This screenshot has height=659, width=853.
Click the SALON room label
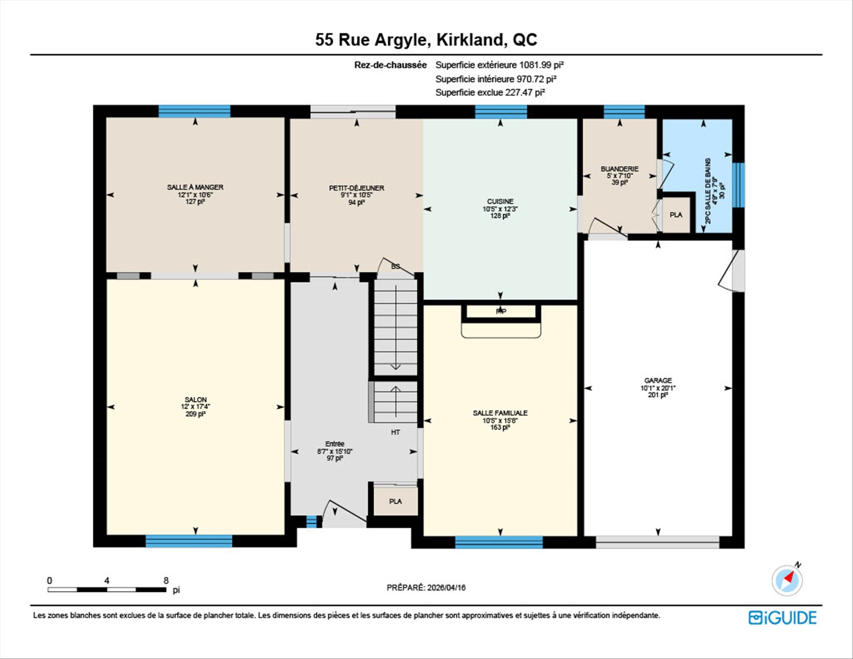195,399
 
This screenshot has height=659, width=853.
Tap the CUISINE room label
500,201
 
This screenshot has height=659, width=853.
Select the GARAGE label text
658,380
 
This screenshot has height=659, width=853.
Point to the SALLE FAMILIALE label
500,413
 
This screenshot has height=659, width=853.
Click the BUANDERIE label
620,169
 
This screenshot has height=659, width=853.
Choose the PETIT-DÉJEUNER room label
356,188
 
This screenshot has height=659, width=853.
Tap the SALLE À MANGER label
195,187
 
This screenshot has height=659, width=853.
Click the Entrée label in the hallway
335,443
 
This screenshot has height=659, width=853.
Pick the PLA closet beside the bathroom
676,215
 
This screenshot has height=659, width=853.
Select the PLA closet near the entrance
395,501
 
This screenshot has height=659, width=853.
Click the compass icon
787,580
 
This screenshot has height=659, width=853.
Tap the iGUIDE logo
782,618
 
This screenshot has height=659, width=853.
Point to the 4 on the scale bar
107,580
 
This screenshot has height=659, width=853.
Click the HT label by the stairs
395,432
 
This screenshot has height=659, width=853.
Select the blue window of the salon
189,541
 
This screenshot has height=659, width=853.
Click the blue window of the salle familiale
499,542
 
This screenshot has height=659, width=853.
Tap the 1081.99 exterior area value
535,65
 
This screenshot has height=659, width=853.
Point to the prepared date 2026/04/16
446,587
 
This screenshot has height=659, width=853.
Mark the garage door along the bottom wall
658,542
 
